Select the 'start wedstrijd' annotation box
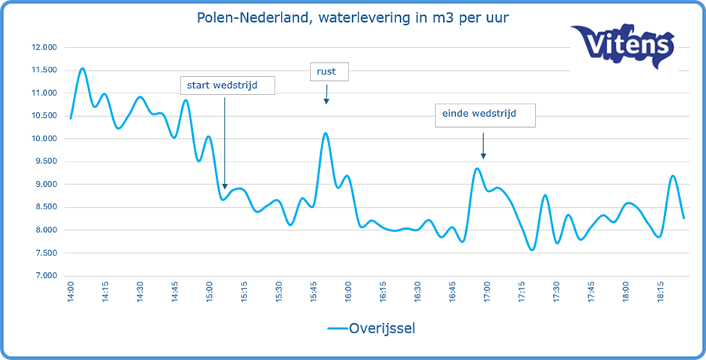point(227,85)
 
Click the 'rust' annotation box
point(329,71)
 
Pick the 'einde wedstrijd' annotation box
point(486,115)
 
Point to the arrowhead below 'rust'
point(326,101)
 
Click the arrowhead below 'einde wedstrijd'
point(483,155)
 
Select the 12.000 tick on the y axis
point(43,47)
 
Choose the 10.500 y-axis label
point(43,116)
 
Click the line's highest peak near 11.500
point(82,68)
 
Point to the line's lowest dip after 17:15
point(532,250)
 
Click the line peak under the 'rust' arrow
point(326,133)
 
